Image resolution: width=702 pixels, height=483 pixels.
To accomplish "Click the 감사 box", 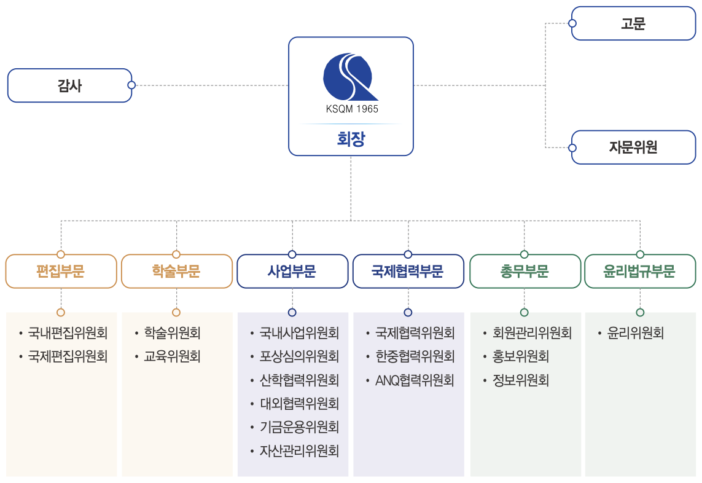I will click(x=69, y=85).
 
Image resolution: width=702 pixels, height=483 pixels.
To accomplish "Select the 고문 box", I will click(x=633, y=24).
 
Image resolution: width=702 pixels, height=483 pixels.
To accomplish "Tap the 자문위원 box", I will click(x=633, y=147).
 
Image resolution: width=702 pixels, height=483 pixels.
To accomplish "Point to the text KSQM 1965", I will click(x=351, y=109).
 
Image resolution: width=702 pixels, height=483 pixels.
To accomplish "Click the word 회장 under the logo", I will click(x=351, y=139).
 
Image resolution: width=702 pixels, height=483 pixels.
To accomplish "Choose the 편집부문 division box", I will click(x=61, y=272).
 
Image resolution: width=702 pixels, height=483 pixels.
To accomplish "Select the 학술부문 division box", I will click(x=176, y=272).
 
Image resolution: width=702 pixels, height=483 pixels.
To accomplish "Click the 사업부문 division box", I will click(x=292, y=272).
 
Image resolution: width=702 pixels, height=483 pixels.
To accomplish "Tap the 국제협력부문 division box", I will click(x=408, y=272).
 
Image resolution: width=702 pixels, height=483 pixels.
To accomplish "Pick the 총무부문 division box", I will click(x=525, y=272).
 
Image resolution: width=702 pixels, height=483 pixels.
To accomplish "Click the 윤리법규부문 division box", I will click(x=640, y=272).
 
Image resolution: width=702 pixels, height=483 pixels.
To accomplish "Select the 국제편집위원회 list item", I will click(x=68, y=356).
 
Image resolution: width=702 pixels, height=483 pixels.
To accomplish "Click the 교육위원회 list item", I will click(x=172, y=356).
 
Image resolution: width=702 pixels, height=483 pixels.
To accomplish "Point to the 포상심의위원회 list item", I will click(x=299, y=356).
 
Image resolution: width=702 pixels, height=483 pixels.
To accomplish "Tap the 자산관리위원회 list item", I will click(x=299, y=450).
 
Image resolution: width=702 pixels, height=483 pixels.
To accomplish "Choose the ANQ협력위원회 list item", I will click(x=415, y=380).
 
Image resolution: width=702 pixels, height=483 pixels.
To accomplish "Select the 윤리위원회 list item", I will click(x=636, y=333).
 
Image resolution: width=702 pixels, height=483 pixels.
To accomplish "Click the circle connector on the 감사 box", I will click(x=131, y=85).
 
